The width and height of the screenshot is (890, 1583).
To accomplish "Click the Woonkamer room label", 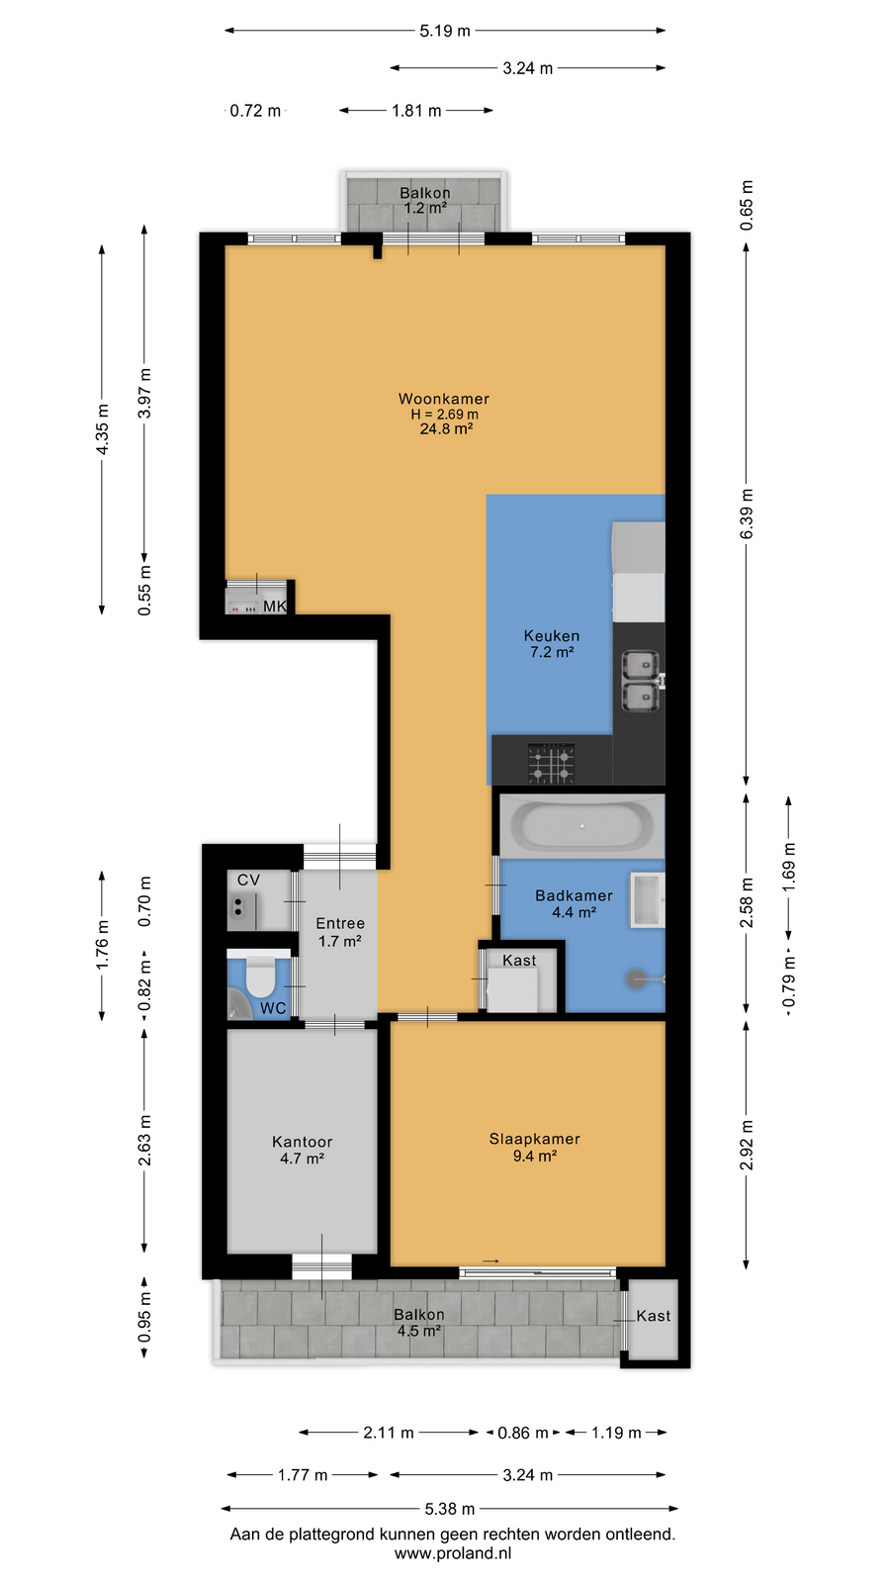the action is coord(444,399).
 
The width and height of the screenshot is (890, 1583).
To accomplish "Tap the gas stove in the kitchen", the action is coord(551,763).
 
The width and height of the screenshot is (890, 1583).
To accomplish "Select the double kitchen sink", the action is coord(641,682).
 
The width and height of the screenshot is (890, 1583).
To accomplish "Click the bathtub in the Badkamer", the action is coord(582,825).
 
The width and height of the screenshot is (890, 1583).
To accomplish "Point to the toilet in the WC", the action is coord(260,976).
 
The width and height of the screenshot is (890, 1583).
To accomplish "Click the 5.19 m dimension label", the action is coord(445,31).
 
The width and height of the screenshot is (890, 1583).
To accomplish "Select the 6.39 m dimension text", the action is coord(747,513).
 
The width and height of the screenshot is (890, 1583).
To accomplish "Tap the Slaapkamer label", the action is coord(535,1139).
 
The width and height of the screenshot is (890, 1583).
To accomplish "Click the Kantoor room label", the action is coord(303,1142).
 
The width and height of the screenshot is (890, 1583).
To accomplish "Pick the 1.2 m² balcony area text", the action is coord(425,208).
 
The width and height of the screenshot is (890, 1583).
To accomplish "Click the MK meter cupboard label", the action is coord(275,605).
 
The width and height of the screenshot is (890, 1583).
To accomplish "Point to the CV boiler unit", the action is coord(241,911).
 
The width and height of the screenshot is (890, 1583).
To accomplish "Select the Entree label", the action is coord(340,923).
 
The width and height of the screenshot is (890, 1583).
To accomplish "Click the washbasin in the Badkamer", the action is coord(648,900).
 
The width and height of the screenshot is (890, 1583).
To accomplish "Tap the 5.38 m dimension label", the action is coord(450,1509).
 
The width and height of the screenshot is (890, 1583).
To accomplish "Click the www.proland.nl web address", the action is coord(453,1553).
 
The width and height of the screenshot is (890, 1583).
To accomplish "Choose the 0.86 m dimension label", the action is coord(523,1433).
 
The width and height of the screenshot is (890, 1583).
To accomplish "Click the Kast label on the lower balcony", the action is coord(654,1316).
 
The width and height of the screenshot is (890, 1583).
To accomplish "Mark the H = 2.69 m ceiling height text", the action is coord(444,415).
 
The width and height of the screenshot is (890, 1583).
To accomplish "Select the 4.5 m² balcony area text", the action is coord(419,1331).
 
